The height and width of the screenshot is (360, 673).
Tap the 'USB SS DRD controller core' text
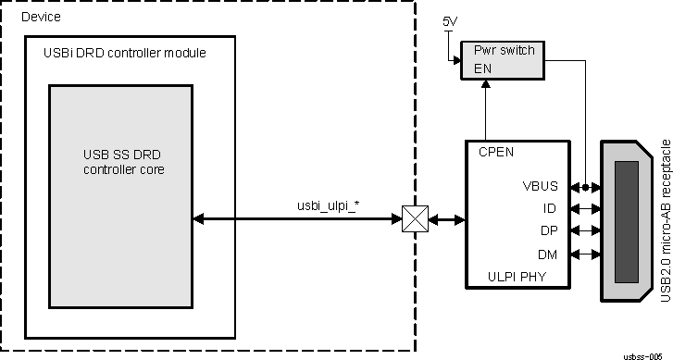(121, 162)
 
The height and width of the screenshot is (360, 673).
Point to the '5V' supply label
(449, 20)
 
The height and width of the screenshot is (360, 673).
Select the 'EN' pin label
(483, 67)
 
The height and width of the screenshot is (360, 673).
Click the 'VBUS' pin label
(541, 186)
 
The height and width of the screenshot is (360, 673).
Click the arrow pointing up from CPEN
(484, 111)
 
